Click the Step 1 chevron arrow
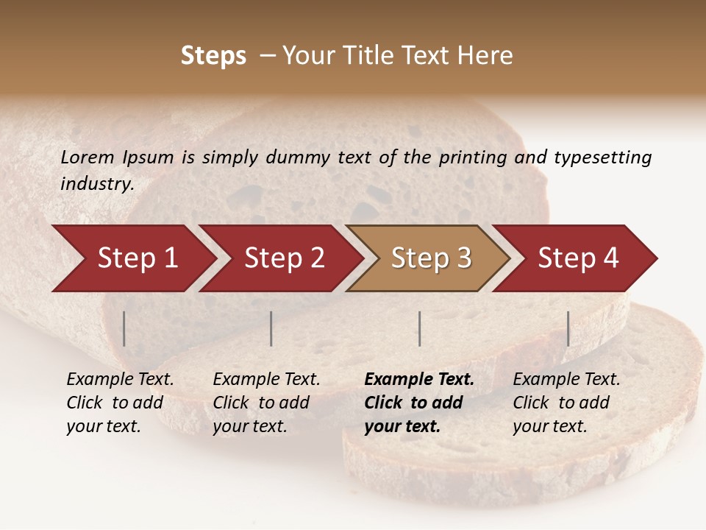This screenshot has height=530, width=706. pyautogui.click(x=137, y=258)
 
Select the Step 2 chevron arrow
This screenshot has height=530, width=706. pyautogui.click(x=284, y=258)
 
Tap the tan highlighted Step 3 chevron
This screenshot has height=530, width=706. pyautogui.click(x=431, y=258)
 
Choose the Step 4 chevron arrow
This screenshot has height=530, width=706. pyautogui.click(x=578, y=258)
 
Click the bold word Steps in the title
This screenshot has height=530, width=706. pyautogui.click(x=213, y=56)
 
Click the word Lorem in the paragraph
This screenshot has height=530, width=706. pyautogui.click(x=88, y=157)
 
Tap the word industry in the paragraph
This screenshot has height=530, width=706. pyautogui.click(x=96, y=184)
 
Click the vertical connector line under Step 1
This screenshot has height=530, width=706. pyautogui.click(x=124, y=328)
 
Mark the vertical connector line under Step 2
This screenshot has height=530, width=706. pyautogui.click(x=271, y=328)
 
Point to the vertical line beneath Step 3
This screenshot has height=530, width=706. pyautogui.click(x=419, y=328)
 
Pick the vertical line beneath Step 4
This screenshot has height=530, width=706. pyautogui.click(x=568, y=328)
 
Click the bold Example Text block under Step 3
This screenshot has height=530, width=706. pyautogui.click(x=418, y=403)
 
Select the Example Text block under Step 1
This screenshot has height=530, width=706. pyautogui.click(x=119, y=403)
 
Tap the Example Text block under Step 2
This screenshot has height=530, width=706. pyautogui.click(x=265, y=403)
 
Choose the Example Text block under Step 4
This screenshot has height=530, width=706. pyautogui.click(x=566, y=403)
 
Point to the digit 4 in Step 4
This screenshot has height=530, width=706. pyautogui.click(x=610, y=258)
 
